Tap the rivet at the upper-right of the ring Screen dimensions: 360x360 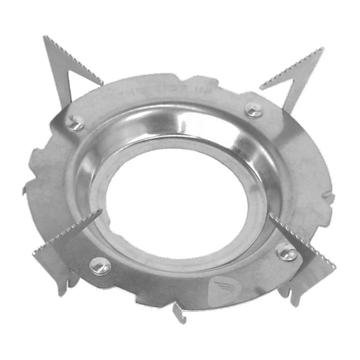pyautogui.click(x=253, y=110)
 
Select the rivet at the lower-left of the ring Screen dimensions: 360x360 pyautogui.click(x=100, y=266)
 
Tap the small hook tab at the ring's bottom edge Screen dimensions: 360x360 pyautogui.click(x=179, y=312)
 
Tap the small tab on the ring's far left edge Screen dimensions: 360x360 pyautogui.click(x=25, y=189)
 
